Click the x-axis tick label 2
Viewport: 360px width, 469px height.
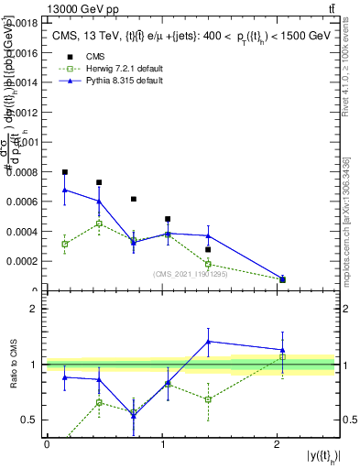[278, 444]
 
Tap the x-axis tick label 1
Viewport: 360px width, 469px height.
[162, 444]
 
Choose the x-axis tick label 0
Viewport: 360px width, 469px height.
[47, 444]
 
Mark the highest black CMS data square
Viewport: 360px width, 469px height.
[65, 172]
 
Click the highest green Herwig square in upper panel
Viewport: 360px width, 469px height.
[99, 224]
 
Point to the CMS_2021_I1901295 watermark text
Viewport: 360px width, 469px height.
[186, 273]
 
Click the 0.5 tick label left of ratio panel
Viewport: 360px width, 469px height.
[29, 420]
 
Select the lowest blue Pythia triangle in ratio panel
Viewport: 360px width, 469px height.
[134, 415]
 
